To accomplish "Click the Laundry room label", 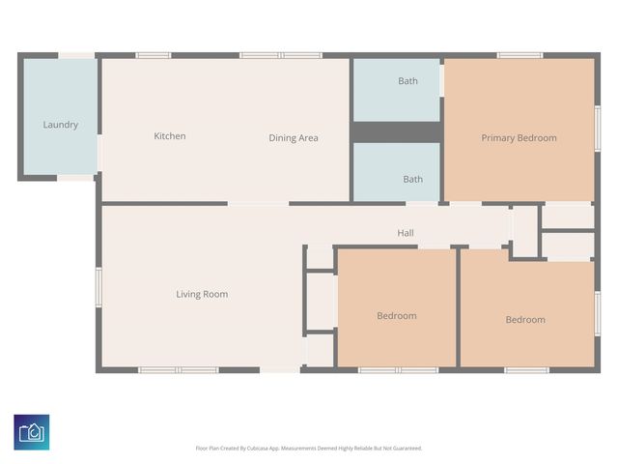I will click(x=60, y=125).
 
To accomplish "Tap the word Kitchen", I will click(x=170, y=136).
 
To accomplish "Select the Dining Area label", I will click(x=294, y=138).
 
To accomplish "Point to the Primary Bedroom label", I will click(x=519, y=138).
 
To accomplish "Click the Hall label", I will click(x=406, y=233).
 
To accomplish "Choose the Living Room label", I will click(x=202, y=294).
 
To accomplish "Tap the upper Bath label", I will click(x=408, y=81).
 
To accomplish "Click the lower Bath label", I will click(x=412, y=179).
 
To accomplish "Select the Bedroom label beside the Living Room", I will click(x=396, y=316).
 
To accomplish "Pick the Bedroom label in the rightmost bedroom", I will click(x=525, y=320).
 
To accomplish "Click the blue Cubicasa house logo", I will click(x=32, y=431).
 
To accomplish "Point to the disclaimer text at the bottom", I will click(x=309, y=449).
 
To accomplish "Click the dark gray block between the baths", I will click(x=396, y=132).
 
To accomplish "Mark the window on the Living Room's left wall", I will click(x=98, y=287).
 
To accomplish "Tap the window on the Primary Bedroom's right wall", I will click(x=597, y=129).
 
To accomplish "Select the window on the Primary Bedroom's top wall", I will click(x=520, y=55).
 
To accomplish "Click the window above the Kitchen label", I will click(x=153, y=55).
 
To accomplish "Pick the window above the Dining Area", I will click(x=281, y=55).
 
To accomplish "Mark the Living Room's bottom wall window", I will click(x=179, y=370).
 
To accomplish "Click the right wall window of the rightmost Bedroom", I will click(x=597, y=314).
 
